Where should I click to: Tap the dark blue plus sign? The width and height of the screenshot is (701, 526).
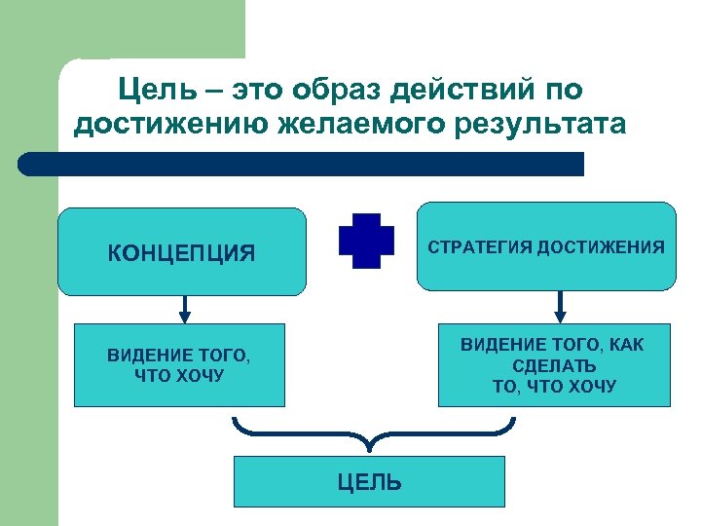[x=366, y=241]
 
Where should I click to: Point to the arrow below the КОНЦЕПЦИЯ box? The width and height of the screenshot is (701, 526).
[x=185, y=310]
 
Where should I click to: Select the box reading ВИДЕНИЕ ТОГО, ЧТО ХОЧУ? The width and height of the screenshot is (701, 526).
[x=179, y=364]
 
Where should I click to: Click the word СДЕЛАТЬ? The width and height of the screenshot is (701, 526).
[x=554, y=366]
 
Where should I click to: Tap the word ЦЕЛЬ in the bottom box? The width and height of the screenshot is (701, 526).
[x=369, y=482]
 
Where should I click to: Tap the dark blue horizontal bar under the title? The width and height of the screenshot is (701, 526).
[x=302, y=164]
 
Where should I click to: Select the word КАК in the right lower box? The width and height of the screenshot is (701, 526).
[x=624, y=345]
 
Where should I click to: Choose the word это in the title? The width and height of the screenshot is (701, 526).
[x=261, y=91]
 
